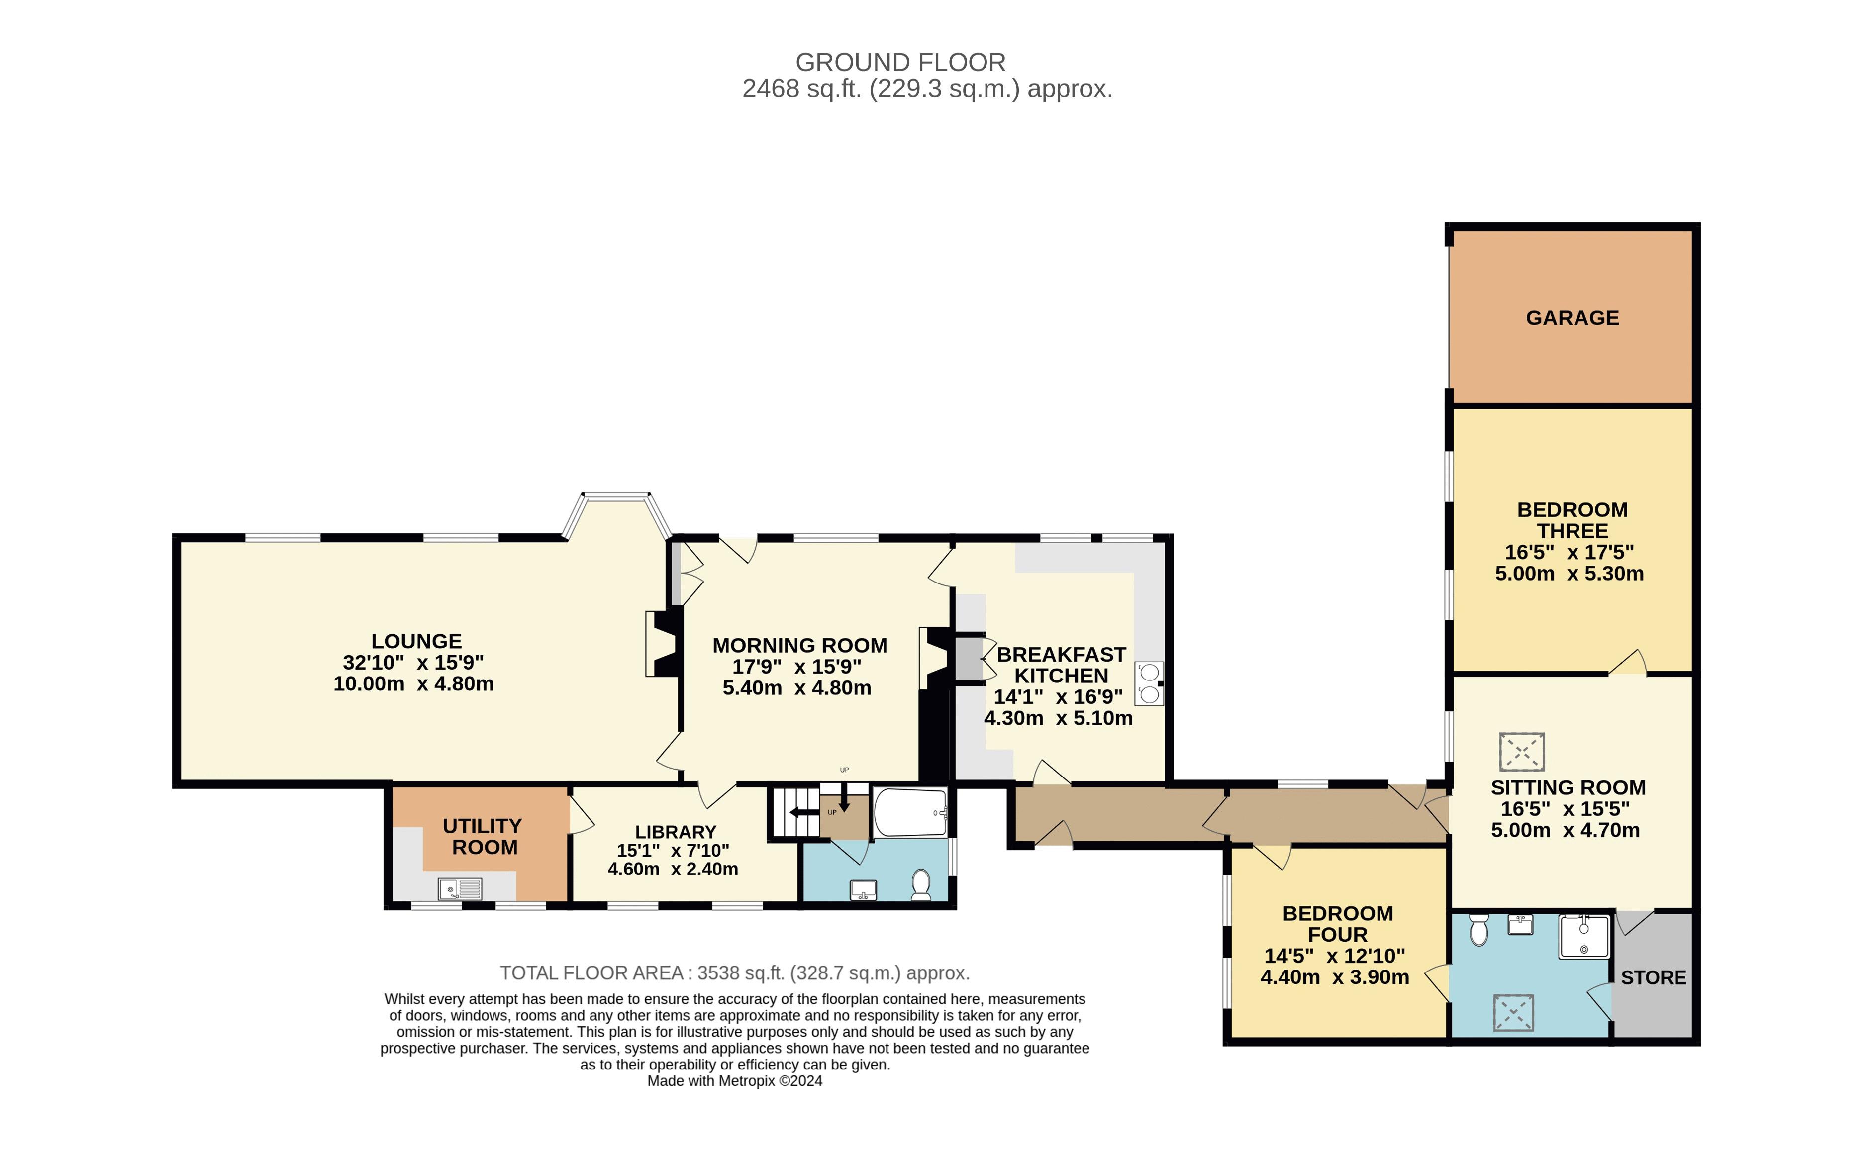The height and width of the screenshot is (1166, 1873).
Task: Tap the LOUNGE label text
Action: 416,641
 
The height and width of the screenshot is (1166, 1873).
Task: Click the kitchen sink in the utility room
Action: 460,889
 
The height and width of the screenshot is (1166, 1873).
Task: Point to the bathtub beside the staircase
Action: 910,812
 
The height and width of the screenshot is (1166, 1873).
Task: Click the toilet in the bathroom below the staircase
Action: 921,884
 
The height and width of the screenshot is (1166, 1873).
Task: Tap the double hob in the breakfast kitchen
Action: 1149,684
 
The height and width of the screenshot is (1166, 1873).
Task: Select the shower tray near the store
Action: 1584,936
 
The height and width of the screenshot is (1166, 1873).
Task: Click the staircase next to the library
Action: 795,812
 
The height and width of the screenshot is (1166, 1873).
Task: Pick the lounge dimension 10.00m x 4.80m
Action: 413,684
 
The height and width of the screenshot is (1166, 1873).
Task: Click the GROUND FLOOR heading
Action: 900,62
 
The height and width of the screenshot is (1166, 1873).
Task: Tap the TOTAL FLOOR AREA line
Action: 734,973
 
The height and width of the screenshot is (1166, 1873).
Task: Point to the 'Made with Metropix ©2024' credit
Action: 734,1081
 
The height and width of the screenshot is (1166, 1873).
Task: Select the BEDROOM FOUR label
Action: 1337,924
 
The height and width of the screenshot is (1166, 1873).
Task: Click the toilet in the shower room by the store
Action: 1478,930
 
